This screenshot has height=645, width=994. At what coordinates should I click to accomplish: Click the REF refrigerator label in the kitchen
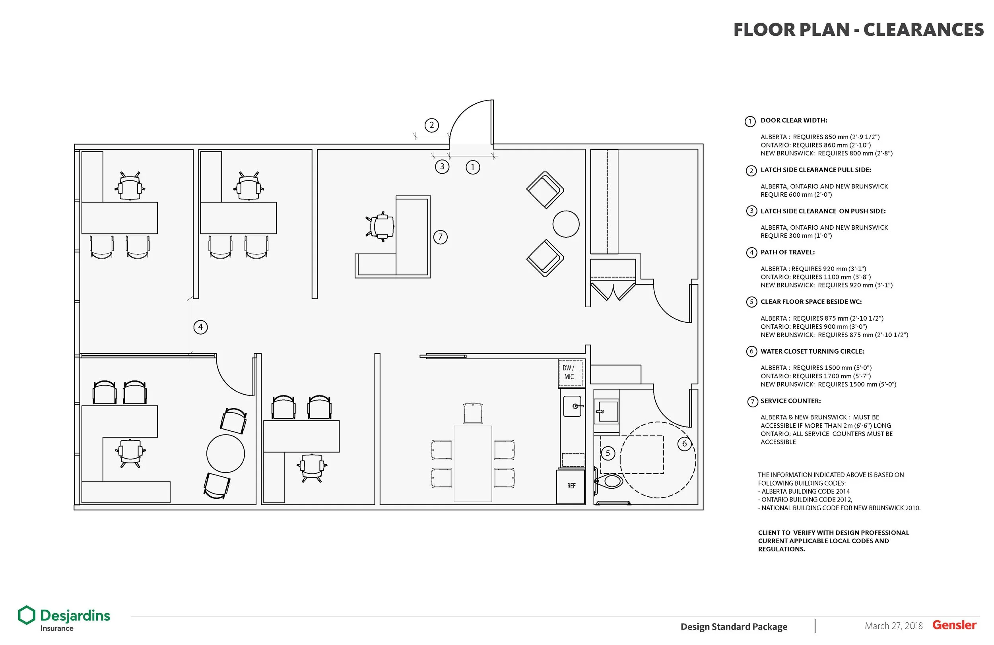(571, 486)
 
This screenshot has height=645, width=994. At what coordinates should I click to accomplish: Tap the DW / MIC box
(570, 372)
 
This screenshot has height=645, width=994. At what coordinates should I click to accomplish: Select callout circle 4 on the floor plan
(200, 327)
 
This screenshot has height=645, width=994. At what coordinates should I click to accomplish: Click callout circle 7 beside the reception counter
(440, 237)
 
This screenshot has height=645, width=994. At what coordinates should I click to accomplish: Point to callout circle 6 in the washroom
(684, 444)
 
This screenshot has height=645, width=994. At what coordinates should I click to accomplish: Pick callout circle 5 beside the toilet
(608, 453)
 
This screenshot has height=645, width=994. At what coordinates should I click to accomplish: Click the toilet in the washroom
(611, 481)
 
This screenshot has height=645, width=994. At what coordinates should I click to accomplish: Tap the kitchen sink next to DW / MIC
(572, 406)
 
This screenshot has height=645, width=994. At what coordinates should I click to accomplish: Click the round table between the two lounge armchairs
(566, 224)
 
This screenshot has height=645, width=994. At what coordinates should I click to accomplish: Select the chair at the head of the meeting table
(473, 413)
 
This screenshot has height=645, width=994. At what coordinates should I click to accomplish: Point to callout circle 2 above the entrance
(431, 125)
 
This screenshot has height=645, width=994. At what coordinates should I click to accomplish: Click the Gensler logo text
(954, 625)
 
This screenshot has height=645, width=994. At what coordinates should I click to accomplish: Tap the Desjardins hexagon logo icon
(26, 615)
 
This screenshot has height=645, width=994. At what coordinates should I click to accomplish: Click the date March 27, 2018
(893, 626)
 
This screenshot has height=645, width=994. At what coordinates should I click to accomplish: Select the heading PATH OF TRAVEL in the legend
(787, 252)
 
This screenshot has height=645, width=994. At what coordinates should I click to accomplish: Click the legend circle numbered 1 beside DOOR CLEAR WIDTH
(750, 122)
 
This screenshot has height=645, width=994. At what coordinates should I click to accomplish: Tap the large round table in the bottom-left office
(225, 453)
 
